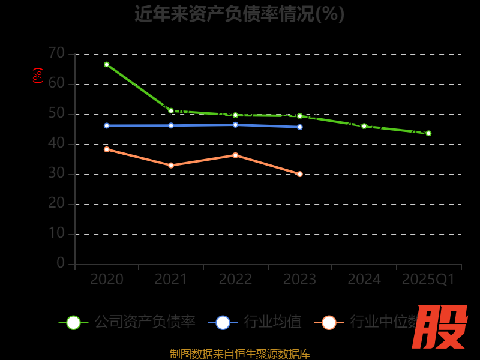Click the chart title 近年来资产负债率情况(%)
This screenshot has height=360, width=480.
pos(239,13)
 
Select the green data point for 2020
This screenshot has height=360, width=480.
pos(107,64)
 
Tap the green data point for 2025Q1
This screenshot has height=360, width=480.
pos(428,133)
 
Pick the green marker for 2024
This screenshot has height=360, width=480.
pos(364,126)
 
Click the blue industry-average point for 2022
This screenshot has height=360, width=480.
pos(235,125)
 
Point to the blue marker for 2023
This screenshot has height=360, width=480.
pos(300,127)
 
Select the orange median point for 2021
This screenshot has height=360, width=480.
pos(171,166)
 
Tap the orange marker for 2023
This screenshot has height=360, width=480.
pos(300,174)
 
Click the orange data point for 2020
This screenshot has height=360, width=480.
pos(107,149)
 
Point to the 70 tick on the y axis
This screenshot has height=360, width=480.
pos(56,53)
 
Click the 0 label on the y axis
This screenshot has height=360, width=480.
pos(61,263)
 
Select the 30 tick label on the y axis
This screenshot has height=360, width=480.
pos(56,173)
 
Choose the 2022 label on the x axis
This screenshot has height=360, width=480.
pos(235,280)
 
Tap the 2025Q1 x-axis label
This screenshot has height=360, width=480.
pos(428,280)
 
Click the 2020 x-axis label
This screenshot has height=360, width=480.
pos(107,280)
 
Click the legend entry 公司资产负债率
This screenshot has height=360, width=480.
pos(145,322)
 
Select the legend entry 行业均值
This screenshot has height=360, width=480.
pos(272,322)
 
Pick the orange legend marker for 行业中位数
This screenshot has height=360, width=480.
pos(329,322)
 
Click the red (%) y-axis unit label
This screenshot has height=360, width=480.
pos(38,76)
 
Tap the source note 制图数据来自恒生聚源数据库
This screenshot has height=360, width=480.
pos(239,353)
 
